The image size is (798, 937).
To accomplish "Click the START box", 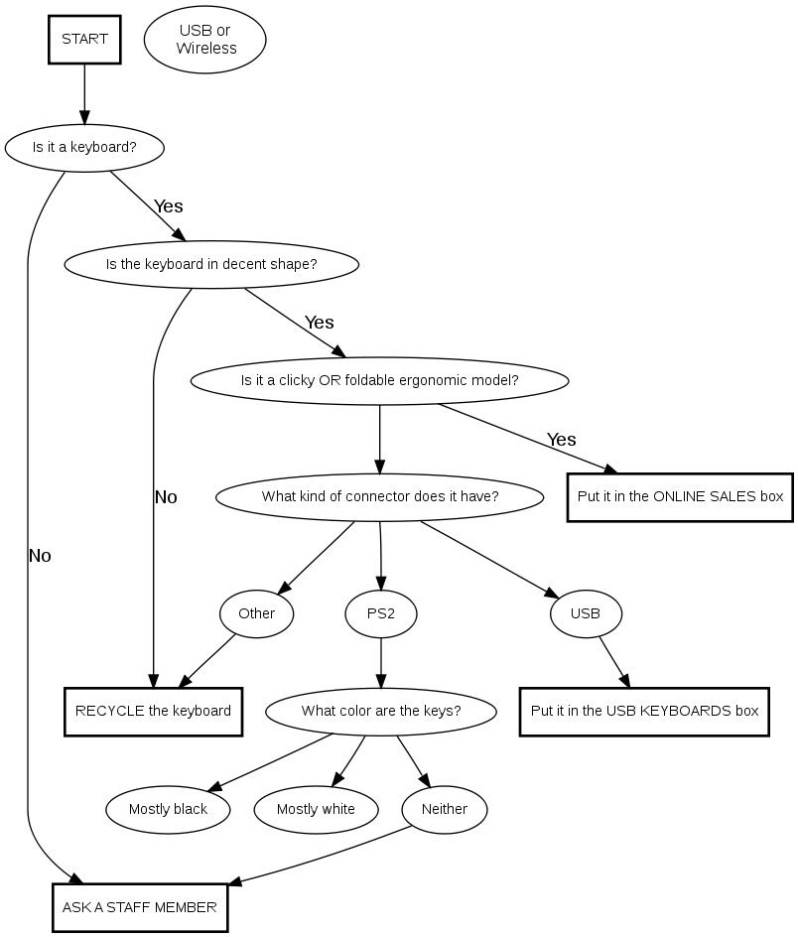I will tap(84, 40).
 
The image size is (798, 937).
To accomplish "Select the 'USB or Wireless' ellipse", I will tap(205, 40).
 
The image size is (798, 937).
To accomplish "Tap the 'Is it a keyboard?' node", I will tap(84, 147).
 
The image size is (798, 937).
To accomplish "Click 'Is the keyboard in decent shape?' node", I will tap(211, 264).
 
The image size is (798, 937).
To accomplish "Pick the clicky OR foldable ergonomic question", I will tap(379, 380).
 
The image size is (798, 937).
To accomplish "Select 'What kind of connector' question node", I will tap(380, 496).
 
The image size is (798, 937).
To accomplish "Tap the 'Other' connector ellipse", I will tap(256, 613).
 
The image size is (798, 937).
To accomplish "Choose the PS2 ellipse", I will tap(381, 613).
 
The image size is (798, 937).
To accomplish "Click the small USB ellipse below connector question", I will tap(586, 613).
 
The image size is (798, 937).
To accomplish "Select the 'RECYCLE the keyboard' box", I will tap(153, 711).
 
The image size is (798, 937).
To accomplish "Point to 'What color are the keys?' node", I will tap(381, 711).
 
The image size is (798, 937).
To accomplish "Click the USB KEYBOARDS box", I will tap(644, 711).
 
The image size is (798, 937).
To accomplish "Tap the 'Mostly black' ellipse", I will tap(168, 809).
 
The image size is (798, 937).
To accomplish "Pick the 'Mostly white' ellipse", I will tap(316, 809).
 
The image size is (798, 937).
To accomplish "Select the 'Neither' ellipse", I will tap(445, 809).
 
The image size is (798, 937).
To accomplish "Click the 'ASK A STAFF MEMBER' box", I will tap(140, 907).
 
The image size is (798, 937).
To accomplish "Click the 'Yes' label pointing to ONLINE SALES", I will tap(561, 439).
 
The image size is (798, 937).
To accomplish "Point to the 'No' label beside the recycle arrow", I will tap(166, 497).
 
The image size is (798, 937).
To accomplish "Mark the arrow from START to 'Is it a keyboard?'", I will tap(84, 93).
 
